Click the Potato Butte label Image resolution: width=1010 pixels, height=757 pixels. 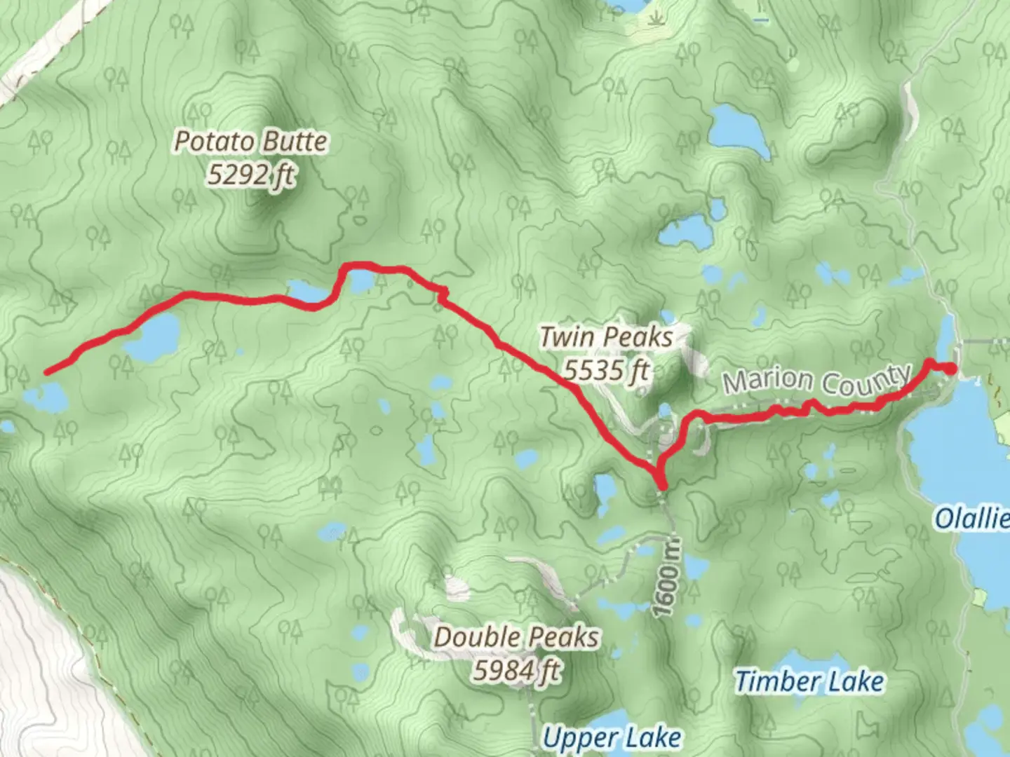(x=250, y=142)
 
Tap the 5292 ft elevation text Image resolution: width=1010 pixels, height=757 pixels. (x=250, y=175)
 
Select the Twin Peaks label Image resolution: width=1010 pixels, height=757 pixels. (x=606, y=337)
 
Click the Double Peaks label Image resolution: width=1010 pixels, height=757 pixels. (x=517, y=637)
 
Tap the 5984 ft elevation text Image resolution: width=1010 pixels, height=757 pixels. (x=517, y=671)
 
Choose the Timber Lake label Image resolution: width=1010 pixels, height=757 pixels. (x=809, y=681)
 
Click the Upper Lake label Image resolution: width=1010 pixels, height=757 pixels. (x=612, y=737)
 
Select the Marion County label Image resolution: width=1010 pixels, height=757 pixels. (x=817, y=381)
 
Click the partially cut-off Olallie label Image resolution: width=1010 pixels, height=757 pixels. (x=972, y=519)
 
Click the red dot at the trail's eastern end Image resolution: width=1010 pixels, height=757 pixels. (x=951, y=369)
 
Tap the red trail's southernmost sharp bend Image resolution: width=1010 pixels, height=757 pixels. (x=661, y=484)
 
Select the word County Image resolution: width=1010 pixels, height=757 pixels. (x=867, y=382)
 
